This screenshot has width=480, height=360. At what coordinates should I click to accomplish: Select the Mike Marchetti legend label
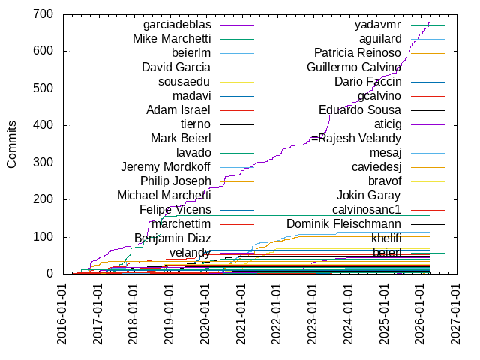172,39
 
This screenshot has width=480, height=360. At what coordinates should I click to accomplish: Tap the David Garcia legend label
176,67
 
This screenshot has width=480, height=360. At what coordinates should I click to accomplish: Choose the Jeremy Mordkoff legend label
166,166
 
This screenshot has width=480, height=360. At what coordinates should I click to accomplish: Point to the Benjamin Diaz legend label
172,238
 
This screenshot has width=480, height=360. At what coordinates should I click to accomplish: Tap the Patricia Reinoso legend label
358,53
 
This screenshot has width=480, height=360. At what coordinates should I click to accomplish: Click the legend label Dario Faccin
367,81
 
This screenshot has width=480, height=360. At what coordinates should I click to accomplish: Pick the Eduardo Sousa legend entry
360,109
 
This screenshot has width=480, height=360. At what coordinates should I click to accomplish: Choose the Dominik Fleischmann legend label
344,223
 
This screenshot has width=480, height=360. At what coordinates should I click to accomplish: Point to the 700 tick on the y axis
41,14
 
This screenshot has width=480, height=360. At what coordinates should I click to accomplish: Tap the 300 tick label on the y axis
41,163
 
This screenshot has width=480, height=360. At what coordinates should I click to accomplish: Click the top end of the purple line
430,22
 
